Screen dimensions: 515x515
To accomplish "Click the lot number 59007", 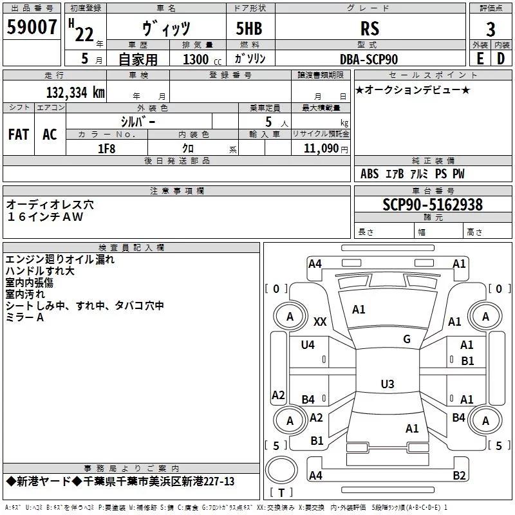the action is coord(32,27).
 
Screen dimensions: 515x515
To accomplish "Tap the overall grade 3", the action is coord(491,29).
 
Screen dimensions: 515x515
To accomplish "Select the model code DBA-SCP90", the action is coord(369,59).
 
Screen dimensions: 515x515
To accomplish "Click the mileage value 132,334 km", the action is coord(75,92).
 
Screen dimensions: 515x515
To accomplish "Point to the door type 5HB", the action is coord(249,28).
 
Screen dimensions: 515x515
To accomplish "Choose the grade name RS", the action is coord(370,28).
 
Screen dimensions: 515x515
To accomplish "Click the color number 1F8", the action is coord(107,149).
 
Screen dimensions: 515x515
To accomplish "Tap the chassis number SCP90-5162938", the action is coord(433,204).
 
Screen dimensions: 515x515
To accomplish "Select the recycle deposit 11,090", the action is coord(321,149).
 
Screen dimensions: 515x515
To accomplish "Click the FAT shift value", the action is coord(19,135).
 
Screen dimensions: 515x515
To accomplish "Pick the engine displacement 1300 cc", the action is coord(202,59).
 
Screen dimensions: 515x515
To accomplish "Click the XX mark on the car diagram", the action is coord(320,322).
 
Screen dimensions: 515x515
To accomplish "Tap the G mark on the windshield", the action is coord(407,339).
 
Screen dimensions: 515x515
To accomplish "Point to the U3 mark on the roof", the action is coord(388,384).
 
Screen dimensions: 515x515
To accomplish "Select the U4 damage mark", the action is coord(308,344).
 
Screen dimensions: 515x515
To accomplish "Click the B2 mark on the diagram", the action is coord(459,475).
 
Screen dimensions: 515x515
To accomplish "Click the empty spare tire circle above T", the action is coord(281,470).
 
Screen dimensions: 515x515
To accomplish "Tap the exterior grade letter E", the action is coord(480,59).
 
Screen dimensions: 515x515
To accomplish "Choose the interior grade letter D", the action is coord(501,59).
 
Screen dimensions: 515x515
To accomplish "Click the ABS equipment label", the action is coord(370,174).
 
